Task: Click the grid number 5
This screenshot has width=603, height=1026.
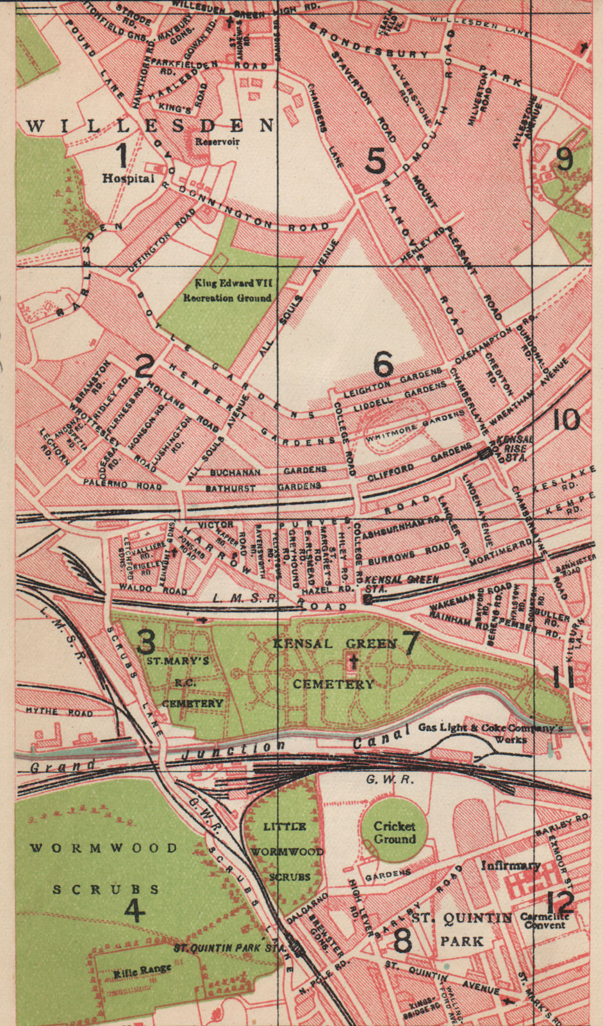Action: [x=376, y=160]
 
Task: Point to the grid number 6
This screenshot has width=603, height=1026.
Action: [x=383, y=364]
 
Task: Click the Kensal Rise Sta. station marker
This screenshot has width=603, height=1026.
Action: [x=485, y=453]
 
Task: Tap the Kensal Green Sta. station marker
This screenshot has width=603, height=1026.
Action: [x=368, y=599]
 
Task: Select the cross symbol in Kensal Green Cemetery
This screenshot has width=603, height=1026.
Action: [x=353, y=662]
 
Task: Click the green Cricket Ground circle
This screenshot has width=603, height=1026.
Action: [x=394, y=832]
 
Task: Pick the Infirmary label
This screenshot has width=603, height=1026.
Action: [x=511, y=866]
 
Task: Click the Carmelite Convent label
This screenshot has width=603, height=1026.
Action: [x=545, y=920]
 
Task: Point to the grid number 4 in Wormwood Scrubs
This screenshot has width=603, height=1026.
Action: [x=134, y=911]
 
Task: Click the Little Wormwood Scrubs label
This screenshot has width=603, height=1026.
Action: [x=286, y=852]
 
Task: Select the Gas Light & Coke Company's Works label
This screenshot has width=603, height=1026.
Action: [x=490, y=733]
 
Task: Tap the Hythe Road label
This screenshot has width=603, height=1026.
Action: [x=59, y=712]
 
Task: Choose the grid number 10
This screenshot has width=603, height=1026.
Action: [x=566, y=420]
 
